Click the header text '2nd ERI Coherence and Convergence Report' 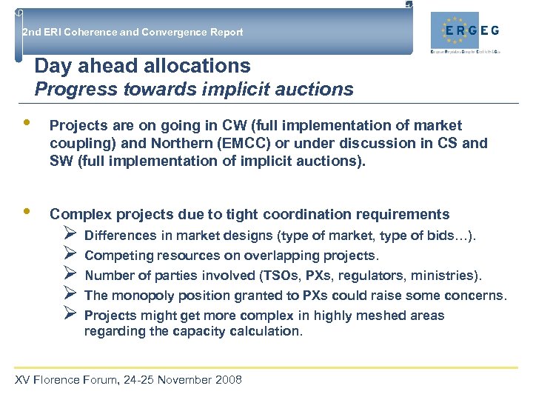(133, 32)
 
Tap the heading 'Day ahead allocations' (142, 66)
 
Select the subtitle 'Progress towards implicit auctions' (194, 90)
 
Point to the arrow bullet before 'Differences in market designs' (71, 236)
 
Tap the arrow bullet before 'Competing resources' (71, 256)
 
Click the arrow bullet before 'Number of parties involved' (71, 276)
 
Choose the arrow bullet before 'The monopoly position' (71, 296)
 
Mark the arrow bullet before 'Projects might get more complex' (71, 316)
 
